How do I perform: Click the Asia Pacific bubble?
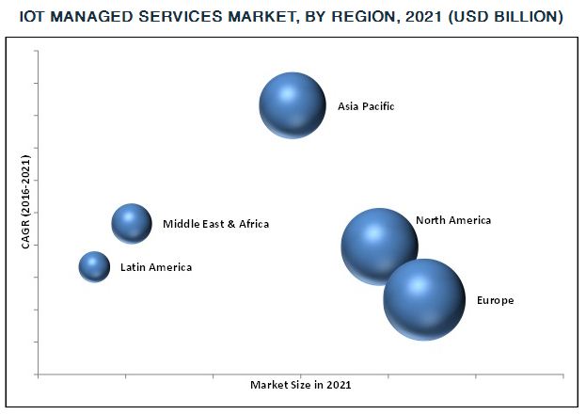coord(293,104)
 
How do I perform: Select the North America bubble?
coord(378,247)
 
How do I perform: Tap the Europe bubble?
coord(424,300)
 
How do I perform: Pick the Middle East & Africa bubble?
coord(132,224)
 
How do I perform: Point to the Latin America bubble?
coord(94,267)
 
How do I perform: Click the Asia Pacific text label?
coord(366,106)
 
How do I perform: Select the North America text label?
coord(453,220)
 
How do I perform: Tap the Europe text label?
coord(495,301)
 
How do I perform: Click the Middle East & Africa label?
coord(215,224)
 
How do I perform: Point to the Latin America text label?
coord(155,268)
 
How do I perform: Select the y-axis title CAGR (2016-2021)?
coord(26,201)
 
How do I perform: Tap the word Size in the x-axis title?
coord(300,386)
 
